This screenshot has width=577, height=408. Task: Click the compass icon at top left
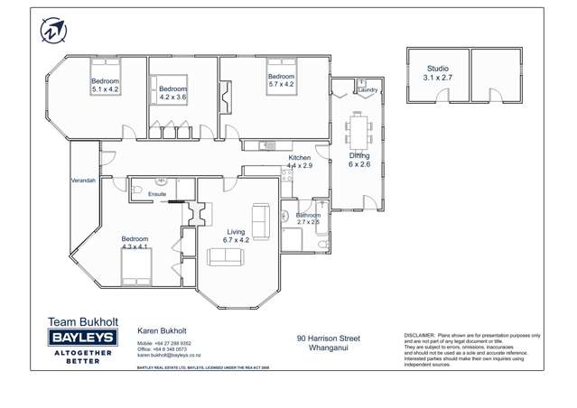(x=52, y=30)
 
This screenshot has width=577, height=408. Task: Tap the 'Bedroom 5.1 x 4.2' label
(x=105, y=86)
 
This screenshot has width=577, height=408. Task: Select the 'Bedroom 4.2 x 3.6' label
(x=172, y=94)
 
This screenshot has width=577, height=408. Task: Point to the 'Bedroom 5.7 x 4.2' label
(x=281, y=81)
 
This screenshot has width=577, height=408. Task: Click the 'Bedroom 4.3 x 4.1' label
(x=135, y=243)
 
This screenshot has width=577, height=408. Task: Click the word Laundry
(x=368, y=90)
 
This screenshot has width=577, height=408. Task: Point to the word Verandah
(x=83, y=181)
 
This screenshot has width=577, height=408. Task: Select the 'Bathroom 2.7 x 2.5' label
(x=308, y=218)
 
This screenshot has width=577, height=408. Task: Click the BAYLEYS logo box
(x=79, y=338)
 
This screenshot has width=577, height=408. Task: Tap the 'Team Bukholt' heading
(x=79, y=321)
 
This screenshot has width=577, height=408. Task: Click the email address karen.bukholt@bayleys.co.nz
(x=169, y=356)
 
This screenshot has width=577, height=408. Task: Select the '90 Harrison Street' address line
(x=329, y=338)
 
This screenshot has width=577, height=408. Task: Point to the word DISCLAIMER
(x=422, y=334)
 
